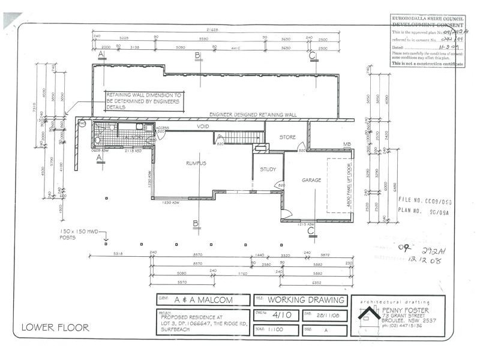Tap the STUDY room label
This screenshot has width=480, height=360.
point(268,169)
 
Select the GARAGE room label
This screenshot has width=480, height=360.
point(311,180)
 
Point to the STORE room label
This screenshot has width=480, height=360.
point(287,137)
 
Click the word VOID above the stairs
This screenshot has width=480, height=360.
point(203,127)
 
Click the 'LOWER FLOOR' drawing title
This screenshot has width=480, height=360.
point(55,328)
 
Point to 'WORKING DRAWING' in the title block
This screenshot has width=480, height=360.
point(306,300)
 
